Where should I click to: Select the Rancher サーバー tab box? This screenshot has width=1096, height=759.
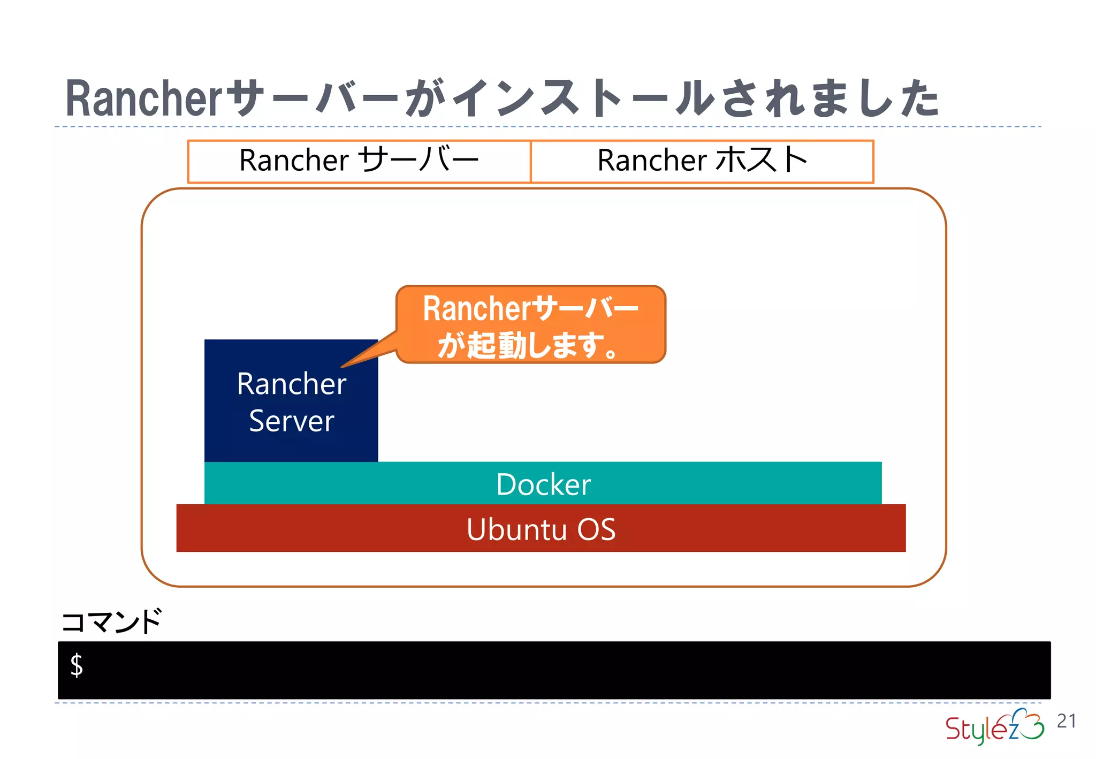click(x=359, y=161)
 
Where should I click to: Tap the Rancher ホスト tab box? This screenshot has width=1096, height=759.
click(x=702, y=161)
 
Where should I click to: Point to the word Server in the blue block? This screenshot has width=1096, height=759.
click(x=291, y=421)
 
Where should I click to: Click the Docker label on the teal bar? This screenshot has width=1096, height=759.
click(x=543, y=484)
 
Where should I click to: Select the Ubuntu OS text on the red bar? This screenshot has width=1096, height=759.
click(x=541, y=529)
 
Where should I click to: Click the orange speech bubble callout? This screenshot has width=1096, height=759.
click(x=531, y=324)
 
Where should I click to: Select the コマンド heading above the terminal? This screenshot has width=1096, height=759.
click(x=111, y=621)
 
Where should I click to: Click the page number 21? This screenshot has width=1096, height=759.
click(x=1066, y=721)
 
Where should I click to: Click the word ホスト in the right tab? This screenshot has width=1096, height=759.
click(x=761, y=160)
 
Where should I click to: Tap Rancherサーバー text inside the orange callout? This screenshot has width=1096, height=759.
click(x=531, y=309)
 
